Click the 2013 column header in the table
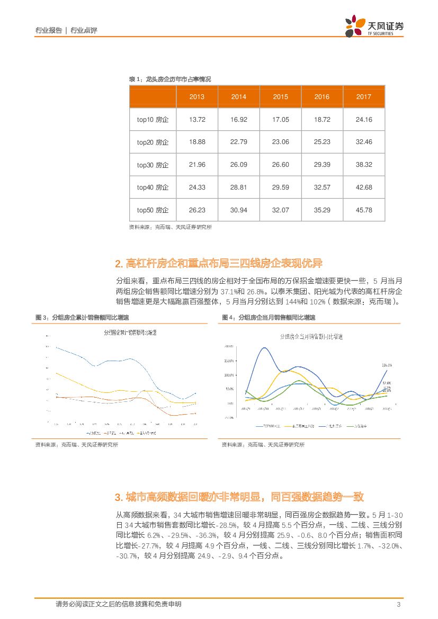197,97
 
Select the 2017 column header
364,97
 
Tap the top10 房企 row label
153,120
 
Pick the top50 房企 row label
153,210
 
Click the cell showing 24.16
364,120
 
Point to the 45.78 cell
364,210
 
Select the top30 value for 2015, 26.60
281,165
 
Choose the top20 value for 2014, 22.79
239,142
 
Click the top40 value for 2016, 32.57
322,187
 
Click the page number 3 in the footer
398,605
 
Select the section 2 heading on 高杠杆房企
218,264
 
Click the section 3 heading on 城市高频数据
239,497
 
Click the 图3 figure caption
82,317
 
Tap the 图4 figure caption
269,317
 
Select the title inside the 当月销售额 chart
311,337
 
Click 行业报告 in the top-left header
48,30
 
